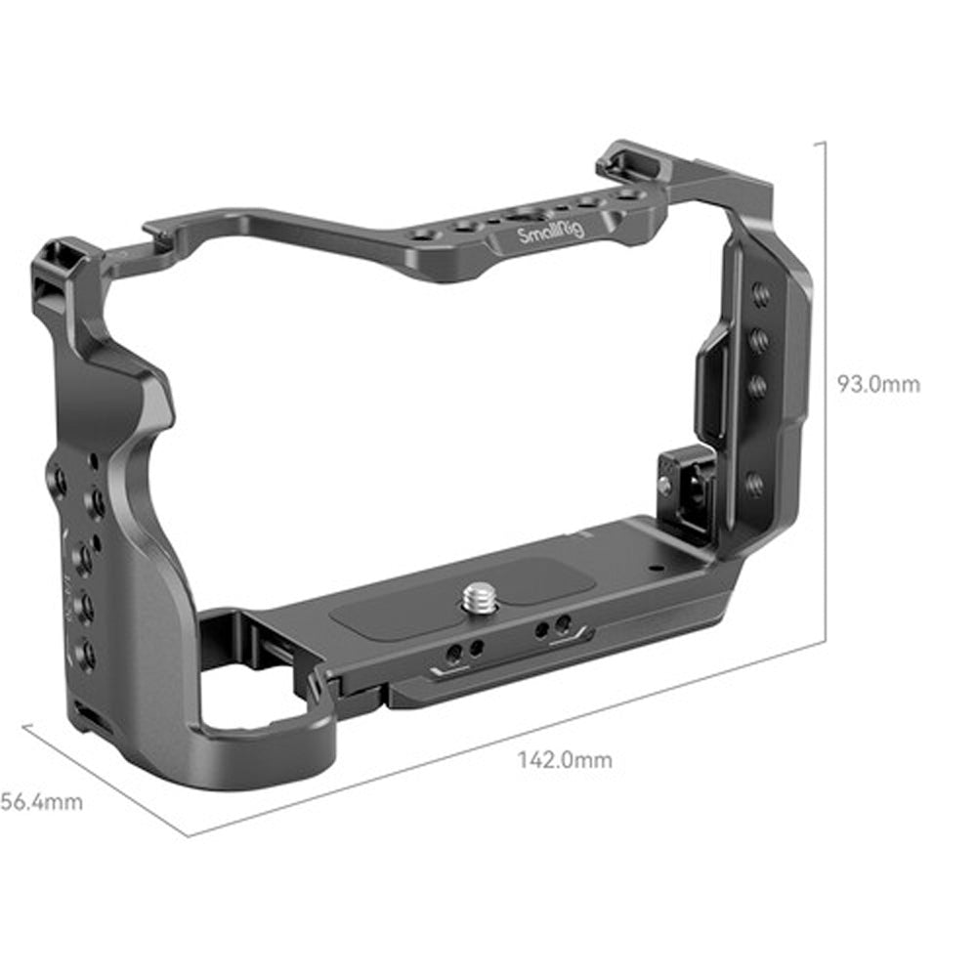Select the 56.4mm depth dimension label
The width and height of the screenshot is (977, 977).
coord(41,802)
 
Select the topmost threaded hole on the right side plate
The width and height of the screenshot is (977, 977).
coord(761,293)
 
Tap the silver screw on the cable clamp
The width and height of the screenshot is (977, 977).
coord(665,485)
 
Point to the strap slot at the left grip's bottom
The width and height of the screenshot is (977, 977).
coord(82,719)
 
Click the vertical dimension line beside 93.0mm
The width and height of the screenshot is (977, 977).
coord(828,391)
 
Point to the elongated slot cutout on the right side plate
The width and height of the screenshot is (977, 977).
coord(712,386)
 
